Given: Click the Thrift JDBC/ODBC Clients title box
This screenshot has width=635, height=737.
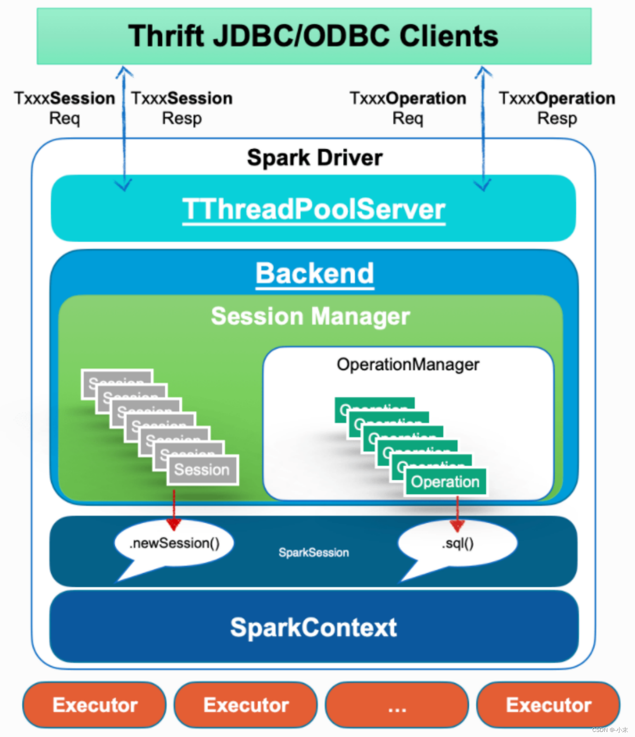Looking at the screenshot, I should pos(314,36).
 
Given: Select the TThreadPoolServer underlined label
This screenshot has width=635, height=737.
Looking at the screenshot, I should pos(314,209).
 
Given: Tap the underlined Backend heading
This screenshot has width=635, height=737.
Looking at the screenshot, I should pos(315,274).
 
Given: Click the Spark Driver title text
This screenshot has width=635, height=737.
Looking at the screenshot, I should pos(315,158).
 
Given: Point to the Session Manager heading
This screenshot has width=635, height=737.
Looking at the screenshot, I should pos(310,316).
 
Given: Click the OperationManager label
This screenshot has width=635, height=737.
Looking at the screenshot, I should pos(408,365).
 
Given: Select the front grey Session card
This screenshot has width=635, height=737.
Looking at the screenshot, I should pos(202,470).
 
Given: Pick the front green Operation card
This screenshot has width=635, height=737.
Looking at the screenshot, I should pos(445,482).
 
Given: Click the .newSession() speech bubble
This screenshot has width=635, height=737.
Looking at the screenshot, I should pos(174,543).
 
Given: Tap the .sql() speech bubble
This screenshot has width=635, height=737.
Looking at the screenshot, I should pos(457,543).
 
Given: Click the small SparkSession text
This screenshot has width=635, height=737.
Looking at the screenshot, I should pos(314,552).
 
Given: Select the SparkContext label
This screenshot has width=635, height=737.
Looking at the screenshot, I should pos(314,627).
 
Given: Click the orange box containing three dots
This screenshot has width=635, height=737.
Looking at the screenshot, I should pos(397,705).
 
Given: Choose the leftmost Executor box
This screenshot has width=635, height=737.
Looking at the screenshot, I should pos(95,705).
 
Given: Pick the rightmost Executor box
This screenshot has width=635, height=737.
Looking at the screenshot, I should pos(548,705).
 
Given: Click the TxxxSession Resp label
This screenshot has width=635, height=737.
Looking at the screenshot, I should pos(182,108).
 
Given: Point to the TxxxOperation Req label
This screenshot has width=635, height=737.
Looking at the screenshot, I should pos(408,108).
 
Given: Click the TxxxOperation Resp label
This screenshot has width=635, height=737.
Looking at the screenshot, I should pos(557,108).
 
